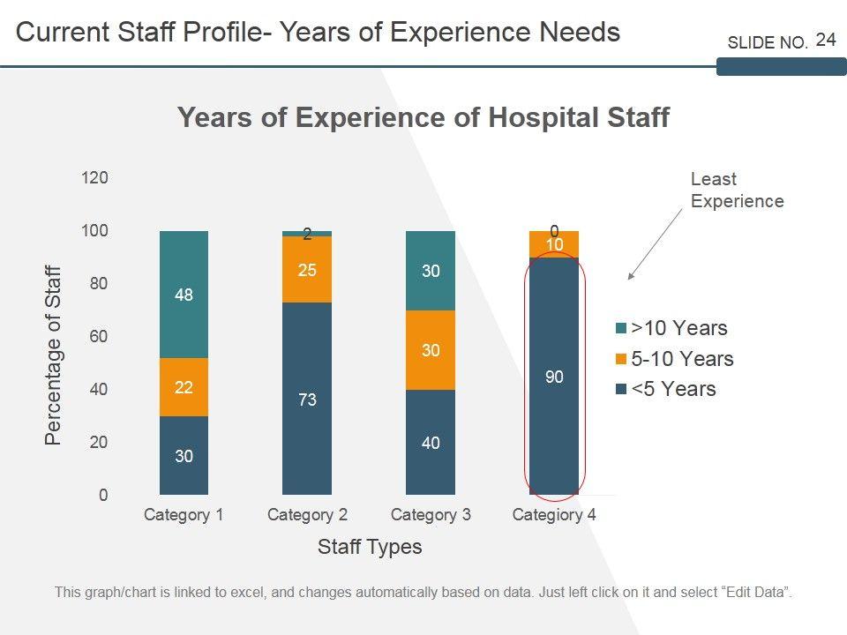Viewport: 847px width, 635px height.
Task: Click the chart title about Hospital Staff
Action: pos(423,117)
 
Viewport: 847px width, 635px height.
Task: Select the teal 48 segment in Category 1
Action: pos(184,295)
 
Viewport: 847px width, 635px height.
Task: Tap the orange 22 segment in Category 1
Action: pos(184,387)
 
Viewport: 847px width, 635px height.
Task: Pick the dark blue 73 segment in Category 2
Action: pos(307,400)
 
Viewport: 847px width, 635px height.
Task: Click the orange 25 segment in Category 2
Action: pos(307,269)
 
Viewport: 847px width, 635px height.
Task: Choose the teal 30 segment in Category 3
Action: pos(431,271)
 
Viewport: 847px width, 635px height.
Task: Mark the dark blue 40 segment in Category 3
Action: pos(431,443)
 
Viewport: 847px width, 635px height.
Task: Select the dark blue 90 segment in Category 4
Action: pos(554,377)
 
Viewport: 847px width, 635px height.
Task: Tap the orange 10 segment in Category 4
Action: pos(554,244)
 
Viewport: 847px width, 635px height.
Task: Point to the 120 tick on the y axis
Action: pos(94,178)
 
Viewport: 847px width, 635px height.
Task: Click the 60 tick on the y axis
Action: pos(97,337)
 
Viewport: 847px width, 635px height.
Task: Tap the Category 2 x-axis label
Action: pos(307,515)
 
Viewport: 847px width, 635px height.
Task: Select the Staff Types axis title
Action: pos(370,547)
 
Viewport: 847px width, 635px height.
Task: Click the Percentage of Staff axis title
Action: pos(54,355)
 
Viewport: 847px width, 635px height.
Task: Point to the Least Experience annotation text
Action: pos(736,190)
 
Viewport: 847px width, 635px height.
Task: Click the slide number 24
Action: pos(826,40)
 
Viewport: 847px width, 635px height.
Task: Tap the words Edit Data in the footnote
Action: pos(756,592)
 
